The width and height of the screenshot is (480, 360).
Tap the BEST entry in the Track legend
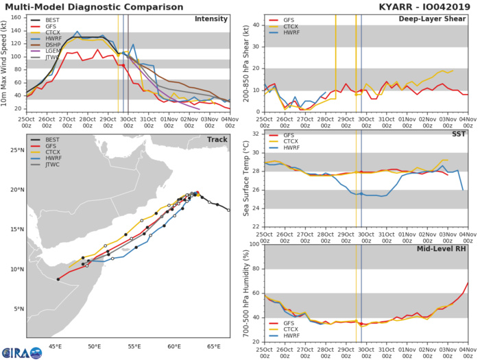click(x=50, y=158)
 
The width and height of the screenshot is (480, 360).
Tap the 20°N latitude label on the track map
click(x=14, y=190)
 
